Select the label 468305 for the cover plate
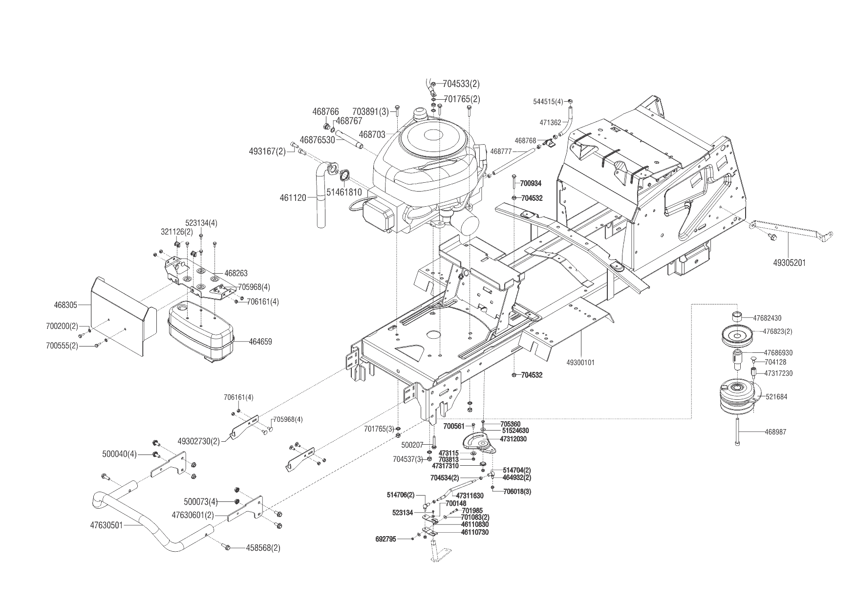65,305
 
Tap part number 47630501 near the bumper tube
107,526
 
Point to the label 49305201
789,262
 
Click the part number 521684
776,397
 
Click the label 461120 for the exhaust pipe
293,198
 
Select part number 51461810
344,192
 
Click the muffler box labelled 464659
200,332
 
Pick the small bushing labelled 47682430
738,315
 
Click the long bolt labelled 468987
737,430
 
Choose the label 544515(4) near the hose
548,101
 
